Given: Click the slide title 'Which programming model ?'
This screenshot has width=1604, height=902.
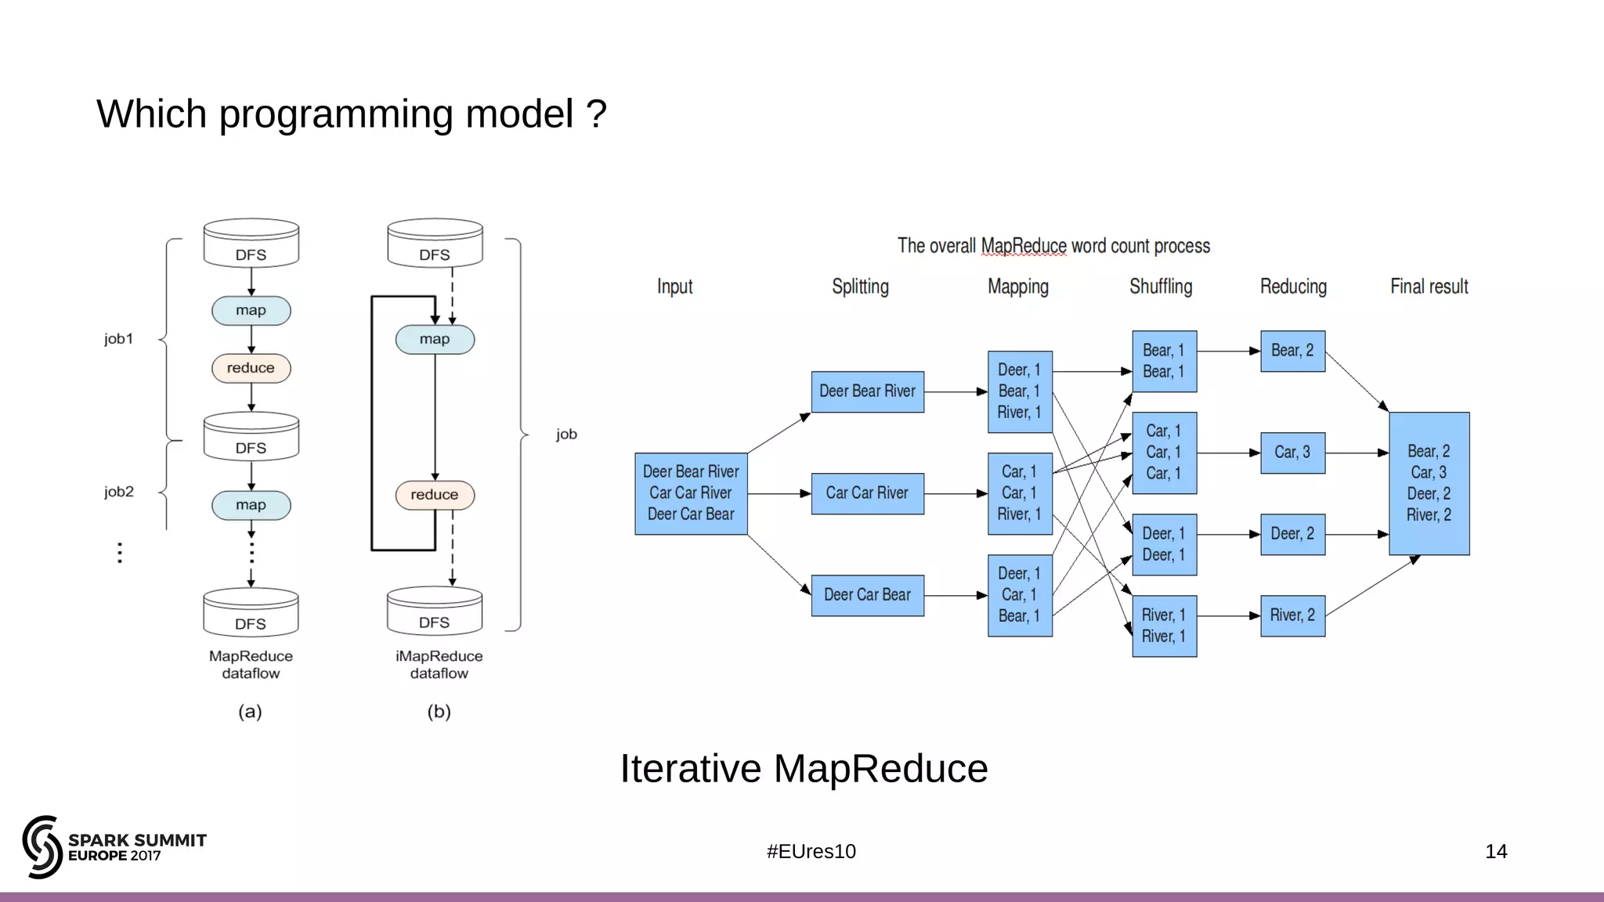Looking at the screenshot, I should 352,114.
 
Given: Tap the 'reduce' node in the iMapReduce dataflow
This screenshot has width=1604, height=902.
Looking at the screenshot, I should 435,495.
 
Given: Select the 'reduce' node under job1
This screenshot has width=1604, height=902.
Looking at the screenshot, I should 251,368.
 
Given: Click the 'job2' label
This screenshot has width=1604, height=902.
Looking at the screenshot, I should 119,492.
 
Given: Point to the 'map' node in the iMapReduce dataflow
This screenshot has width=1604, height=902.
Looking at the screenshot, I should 435,340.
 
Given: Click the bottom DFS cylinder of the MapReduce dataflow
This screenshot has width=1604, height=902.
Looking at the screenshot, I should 251,613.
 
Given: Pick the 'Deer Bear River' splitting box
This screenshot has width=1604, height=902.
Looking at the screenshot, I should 867,391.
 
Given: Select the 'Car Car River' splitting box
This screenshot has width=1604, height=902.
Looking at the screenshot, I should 867,493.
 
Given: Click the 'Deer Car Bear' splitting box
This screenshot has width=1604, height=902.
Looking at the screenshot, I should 867,595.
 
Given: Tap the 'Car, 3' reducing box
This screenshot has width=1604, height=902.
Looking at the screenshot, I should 1292,453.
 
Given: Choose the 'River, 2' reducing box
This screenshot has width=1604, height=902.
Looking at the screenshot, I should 1292,615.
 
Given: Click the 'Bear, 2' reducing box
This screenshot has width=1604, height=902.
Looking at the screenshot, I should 1292,351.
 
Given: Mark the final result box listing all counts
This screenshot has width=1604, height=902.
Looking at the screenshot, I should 1429,483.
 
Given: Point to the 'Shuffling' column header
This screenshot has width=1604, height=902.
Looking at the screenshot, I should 1161,287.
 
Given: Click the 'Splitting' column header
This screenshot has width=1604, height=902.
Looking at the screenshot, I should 860,287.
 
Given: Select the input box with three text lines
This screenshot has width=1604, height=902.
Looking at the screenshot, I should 691,493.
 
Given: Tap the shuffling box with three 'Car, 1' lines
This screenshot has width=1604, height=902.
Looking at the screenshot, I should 1164,453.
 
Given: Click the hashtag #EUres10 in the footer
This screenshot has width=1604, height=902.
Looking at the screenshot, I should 811,852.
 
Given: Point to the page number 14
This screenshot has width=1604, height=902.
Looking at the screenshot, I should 1495,852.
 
